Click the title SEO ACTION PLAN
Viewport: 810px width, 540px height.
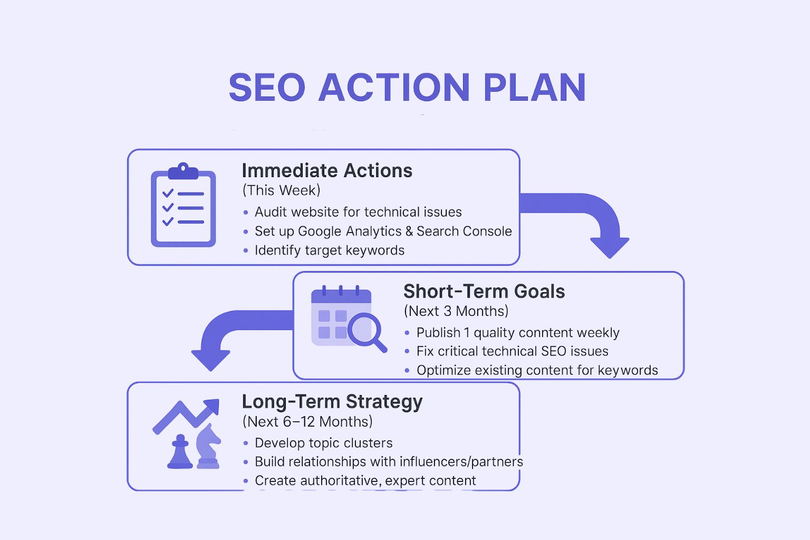[x=407, y=87]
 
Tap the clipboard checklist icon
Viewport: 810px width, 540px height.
[x=184, y=205]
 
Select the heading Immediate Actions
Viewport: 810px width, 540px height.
[x=327, y=171]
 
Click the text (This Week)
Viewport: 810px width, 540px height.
[x=281, y=190]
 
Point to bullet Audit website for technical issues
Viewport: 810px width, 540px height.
[x=358, y=212]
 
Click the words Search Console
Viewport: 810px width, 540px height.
[x=464, y=231]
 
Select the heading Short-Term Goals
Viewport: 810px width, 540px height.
[x=484, y=292]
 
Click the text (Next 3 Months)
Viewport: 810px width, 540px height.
[x=456, y=311]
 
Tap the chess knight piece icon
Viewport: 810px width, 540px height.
[x=208, y=447]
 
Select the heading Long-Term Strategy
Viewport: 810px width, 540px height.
[x=332, y=402]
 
